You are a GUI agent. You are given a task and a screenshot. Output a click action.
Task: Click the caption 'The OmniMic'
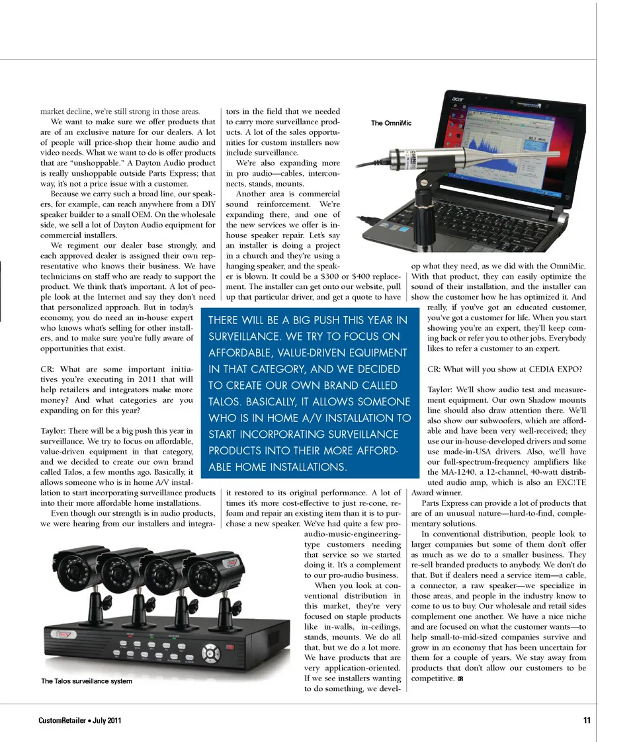[x=391, y=123]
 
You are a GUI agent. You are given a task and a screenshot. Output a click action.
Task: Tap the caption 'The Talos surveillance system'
[x=86, y=681]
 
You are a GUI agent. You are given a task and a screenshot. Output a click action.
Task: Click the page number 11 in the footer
[x=587, y=721]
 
